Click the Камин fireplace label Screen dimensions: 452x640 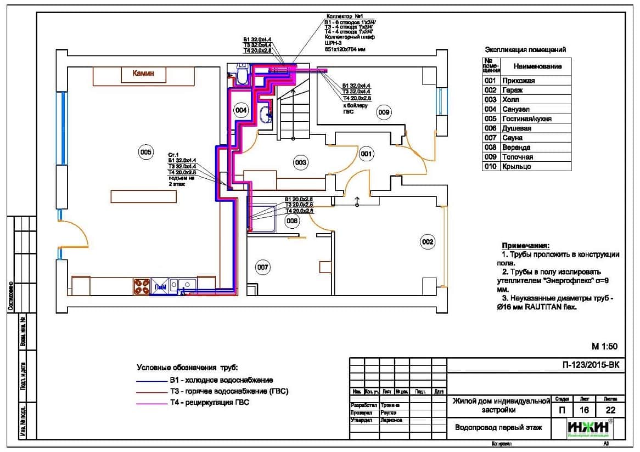144,72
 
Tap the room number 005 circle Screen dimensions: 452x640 145,152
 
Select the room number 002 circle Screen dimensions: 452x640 428,241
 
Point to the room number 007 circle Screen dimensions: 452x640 263,267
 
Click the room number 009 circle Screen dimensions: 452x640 383,112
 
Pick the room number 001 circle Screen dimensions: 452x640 366,155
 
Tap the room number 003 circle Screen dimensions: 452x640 300,162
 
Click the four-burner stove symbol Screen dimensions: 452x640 141,286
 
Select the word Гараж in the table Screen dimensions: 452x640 512,90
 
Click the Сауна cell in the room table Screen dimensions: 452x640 512,138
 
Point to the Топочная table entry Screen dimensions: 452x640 517,157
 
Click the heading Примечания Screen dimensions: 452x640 525,245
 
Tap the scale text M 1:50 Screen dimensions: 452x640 604,346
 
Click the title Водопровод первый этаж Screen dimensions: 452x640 498,427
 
